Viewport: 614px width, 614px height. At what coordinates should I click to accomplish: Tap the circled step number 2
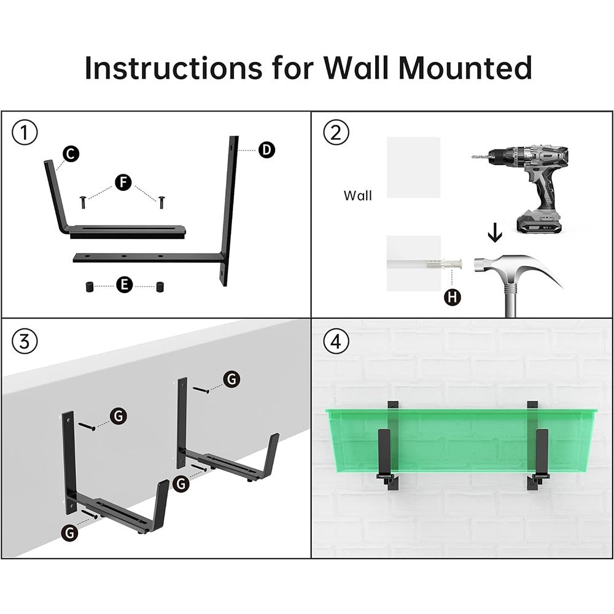click(x=336, y=133)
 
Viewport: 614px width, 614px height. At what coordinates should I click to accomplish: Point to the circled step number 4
click(x=336, y=341)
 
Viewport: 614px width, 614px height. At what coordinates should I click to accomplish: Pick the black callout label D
click(x=266, y=150)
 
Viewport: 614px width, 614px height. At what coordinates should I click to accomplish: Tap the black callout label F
click(x=123, y=182)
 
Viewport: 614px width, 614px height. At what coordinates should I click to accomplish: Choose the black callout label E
click(x=124, y=284)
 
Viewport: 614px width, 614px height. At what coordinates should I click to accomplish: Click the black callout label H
click(x=453, y=298)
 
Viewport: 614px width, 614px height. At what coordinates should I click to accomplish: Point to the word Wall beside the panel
click(x=357, y=196)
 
